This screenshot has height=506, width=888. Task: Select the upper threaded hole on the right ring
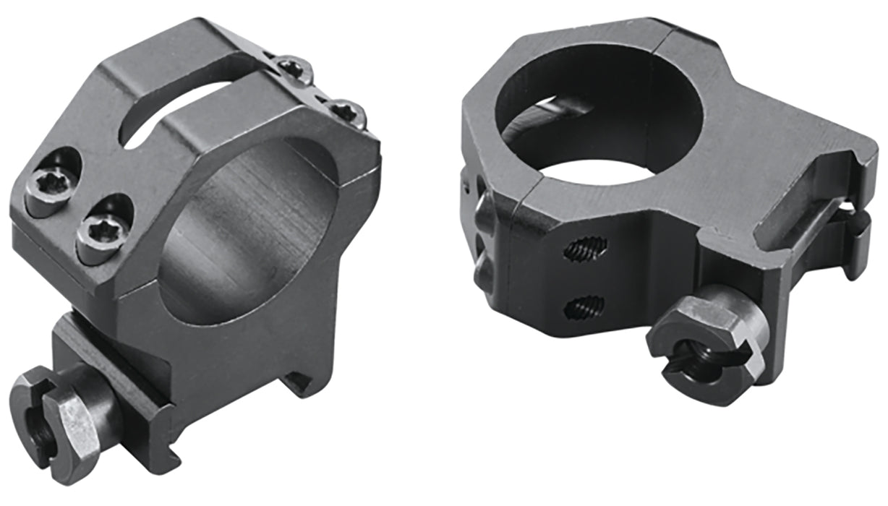584,249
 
